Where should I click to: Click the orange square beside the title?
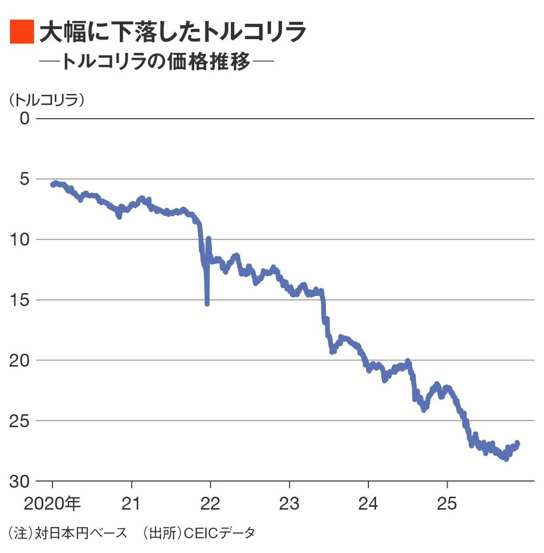[x=21, y=32]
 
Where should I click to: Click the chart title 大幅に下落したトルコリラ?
[x=173, y=32]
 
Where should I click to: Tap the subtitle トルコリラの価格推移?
[x=156, y=62]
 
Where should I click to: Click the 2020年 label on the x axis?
[x=53, y=504]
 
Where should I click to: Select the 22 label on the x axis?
[x=210, y=504]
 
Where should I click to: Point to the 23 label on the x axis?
[x=289, y=504]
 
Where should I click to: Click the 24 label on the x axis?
[x=368, y=504]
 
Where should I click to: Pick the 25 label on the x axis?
[x=447, y=504]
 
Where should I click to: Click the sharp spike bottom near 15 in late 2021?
[x=207, y=303]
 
